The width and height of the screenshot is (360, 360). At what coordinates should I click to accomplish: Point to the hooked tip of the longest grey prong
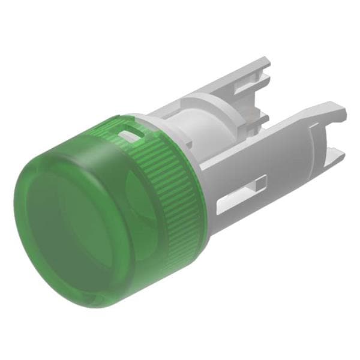(340, 112)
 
